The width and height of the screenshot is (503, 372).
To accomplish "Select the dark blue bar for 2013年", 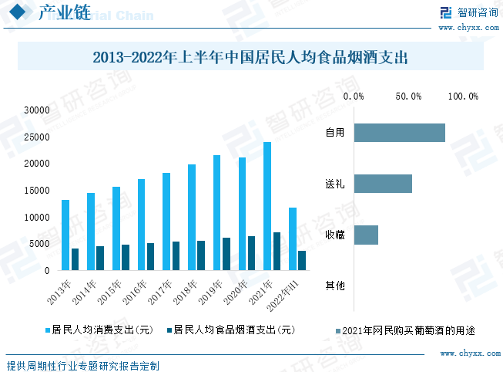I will (x=75, y=259).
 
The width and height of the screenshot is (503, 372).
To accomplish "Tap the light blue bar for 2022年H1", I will (x=292, y=239).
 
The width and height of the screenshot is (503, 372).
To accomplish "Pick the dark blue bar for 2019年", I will (x=226, y=254).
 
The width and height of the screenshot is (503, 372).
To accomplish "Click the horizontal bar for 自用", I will (x=400, y=133).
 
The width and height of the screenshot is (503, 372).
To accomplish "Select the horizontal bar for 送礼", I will (x=383, y=184).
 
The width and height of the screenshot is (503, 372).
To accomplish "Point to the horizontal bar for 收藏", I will (x=366, y=235).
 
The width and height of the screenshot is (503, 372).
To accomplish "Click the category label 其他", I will (x=334, y=286).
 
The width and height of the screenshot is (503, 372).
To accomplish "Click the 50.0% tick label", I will (x=408, y=96).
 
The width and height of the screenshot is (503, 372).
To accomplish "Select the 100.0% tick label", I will (x=463, y=96).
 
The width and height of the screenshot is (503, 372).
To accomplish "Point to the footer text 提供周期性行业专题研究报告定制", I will (x=82, y=364).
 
